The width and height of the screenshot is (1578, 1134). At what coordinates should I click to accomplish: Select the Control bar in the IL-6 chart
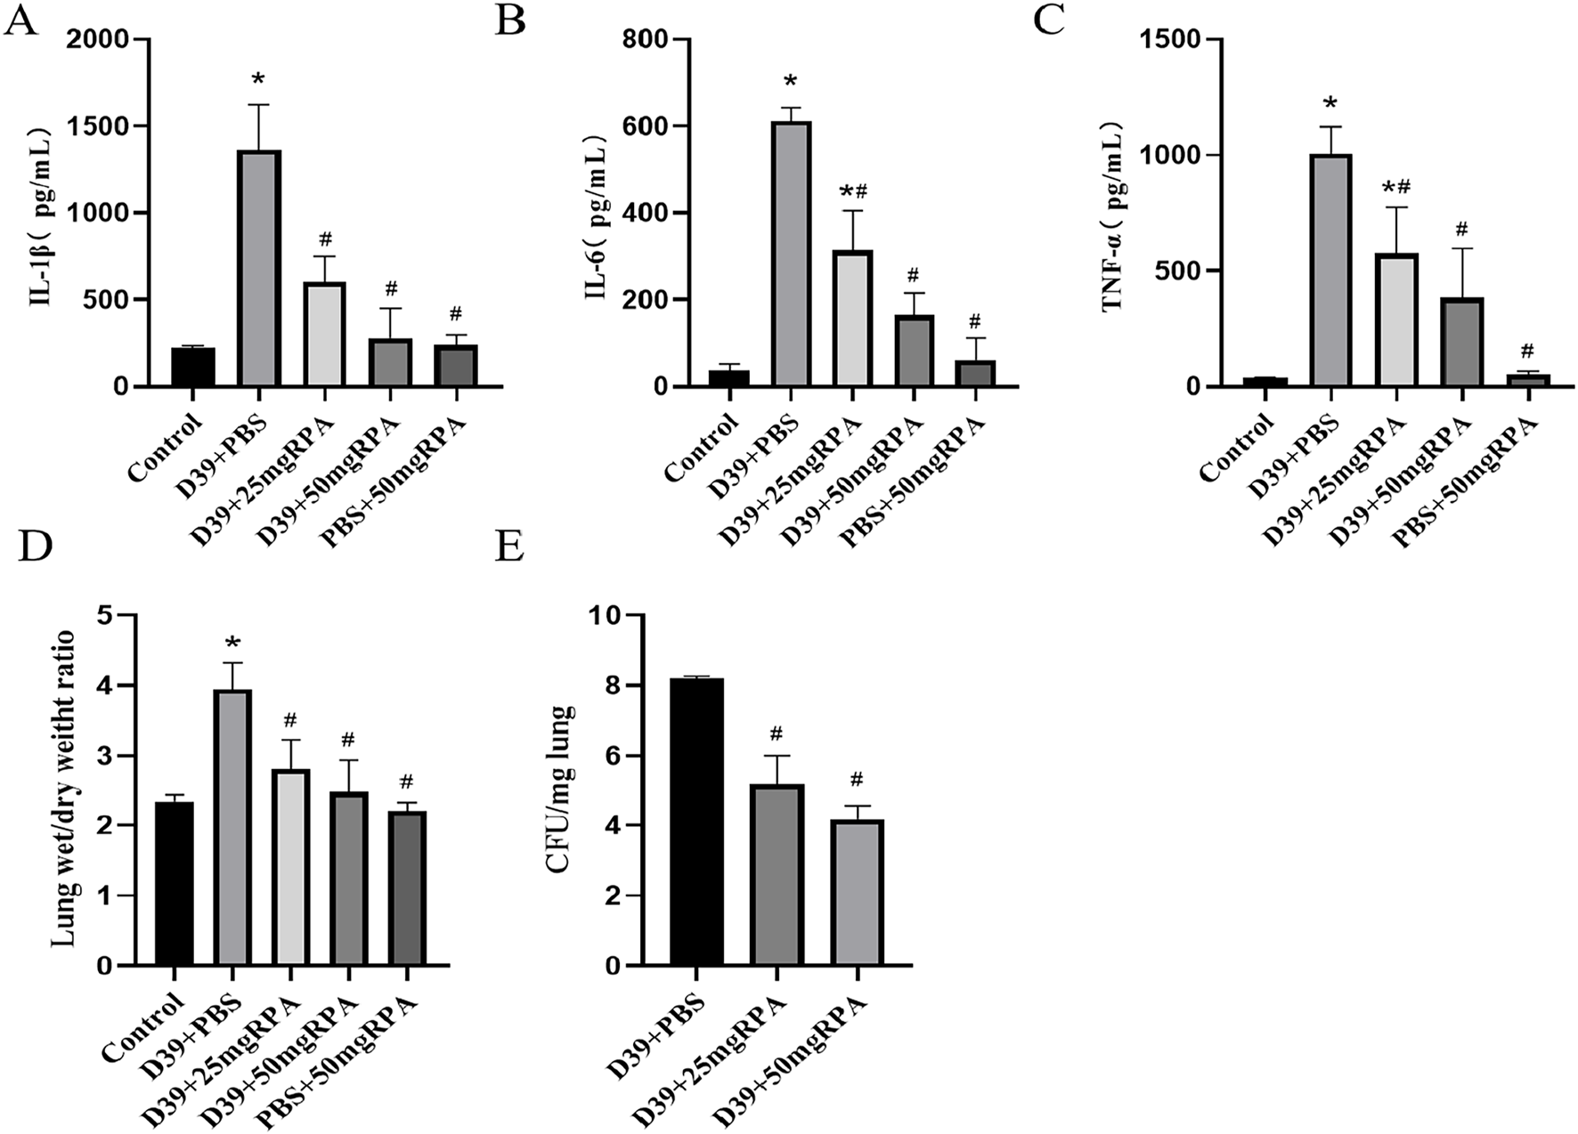[728, 377]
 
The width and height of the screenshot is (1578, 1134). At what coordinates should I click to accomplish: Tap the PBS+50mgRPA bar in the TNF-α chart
[1529, 380]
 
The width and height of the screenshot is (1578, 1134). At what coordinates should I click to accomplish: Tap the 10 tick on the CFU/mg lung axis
[610, 616]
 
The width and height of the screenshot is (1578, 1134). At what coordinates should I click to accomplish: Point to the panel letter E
[509, 547]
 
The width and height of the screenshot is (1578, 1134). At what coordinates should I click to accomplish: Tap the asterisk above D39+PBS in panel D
[233, 644]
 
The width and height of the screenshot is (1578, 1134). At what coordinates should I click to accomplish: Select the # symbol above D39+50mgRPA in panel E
[857, 780]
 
